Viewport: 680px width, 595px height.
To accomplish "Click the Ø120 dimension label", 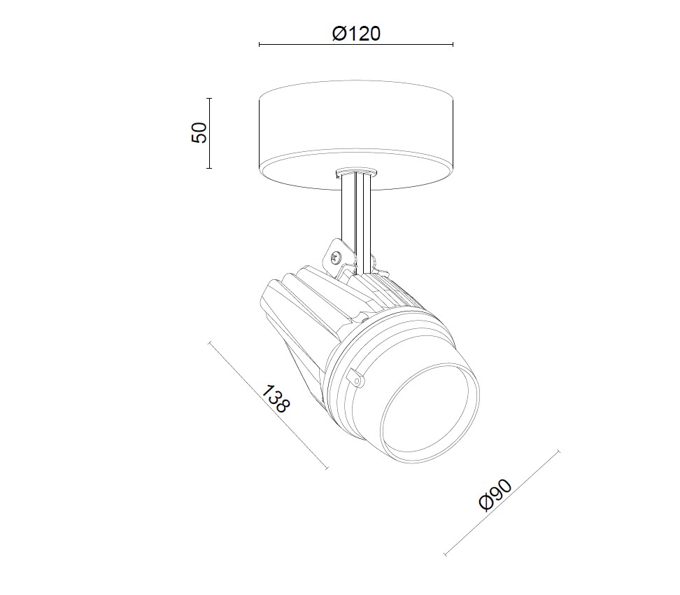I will (357, 33).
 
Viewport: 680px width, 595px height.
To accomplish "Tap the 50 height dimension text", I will (199, 132).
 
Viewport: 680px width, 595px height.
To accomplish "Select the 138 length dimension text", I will (275, 398).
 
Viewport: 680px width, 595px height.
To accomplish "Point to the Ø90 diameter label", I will (497, 496).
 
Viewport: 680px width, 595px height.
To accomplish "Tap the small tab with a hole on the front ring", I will (356, 378).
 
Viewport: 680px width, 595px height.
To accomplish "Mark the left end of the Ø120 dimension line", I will (260, 45).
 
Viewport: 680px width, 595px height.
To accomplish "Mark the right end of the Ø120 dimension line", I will (453, 45).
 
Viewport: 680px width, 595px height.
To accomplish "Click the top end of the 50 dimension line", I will (209, 98).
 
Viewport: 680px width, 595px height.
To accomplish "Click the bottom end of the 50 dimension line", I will (209, 168).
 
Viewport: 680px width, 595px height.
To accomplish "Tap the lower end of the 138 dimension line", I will (327, 468).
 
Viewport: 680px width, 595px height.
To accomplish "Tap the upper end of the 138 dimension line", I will (210, 342).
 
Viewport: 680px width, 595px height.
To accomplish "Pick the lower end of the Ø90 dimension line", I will (446, 554).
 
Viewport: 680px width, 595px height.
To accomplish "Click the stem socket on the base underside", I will (355, 171).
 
